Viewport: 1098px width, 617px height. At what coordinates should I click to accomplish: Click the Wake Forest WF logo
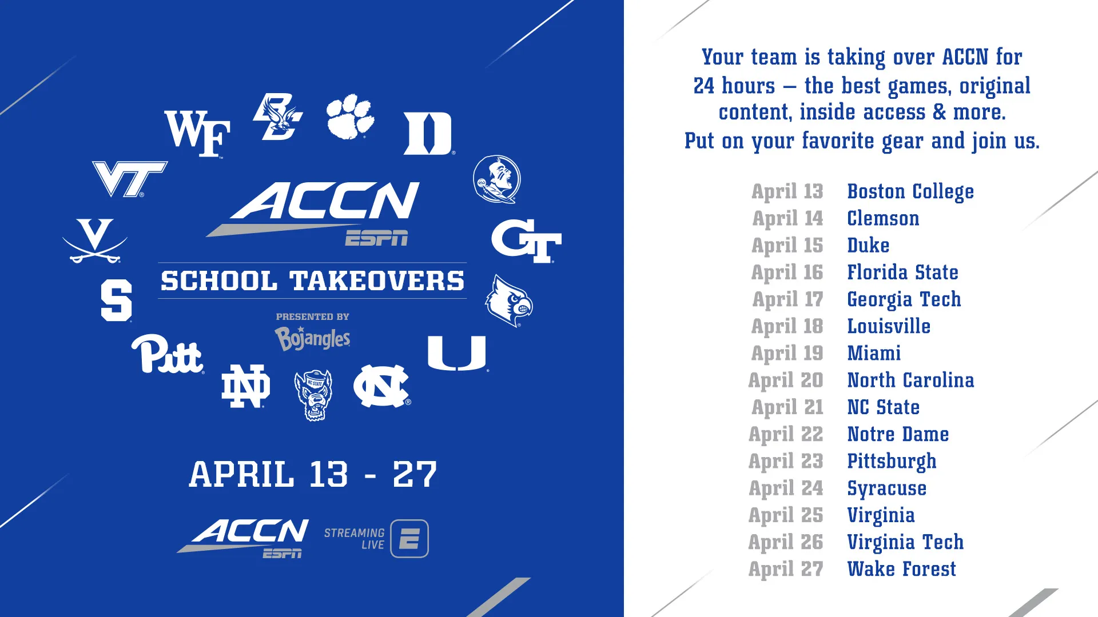197,134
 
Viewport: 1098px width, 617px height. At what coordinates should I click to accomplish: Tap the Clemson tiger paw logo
350,117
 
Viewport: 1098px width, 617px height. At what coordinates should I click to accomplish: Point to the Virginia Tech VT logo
129,179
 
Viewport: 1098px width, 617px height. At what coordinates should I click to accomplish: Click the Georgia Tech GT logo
526,241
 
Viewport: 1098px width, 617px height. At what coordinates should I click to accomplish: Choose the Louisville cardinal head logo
509,301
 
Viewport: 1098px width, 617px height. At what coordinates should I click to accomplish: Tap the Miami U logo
457,354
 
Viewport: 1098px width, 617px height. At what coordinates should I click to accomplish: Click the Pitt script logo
168,354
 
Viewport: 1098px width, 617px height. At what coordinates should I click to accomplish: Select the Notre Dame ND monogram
246,386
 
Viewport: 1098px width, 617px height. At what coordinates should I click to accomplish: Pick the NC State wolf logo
313,395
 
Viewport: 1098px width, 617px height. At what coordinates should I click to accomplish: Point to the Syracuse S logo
116,301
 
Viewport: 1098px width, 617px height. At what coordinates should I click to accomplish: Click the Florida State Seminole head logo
497,179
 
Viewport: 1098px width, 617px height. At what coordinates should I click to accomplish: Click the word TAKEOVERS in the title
377,281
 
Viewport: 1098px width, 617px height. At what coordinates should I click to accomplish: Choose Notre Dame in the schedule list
898,434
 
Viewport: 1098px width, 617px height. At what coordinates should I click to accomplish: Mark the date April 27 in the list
786,570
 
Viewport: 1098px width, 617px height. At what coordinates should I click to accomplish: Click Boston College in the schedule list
910,192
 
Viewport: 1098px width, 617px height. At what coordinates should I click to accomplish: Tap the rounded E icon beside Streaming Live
409,539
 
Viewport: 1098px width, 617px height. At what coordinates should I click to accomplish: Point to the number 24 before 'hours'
704,86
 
